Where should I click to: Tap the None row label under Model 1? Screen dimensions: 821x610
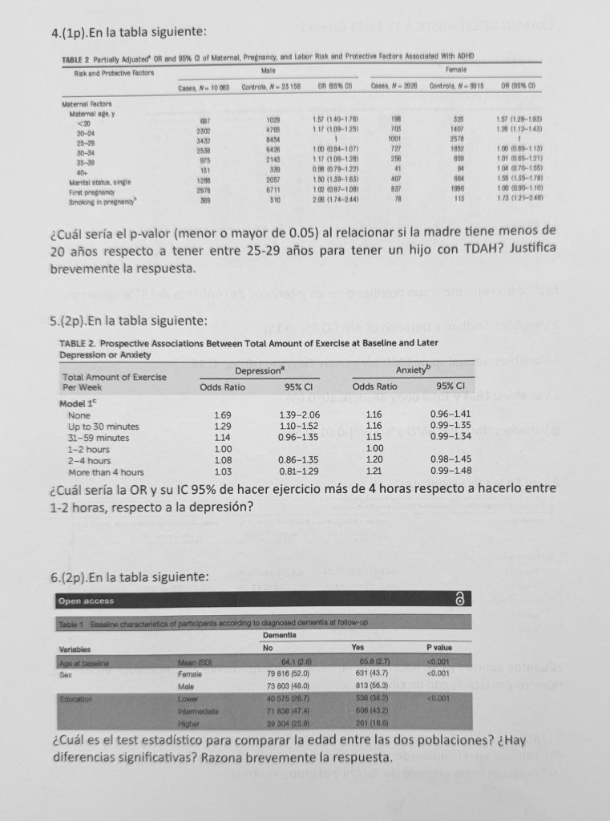79,415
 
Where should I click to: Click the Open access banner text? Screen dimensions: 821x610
87,601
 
